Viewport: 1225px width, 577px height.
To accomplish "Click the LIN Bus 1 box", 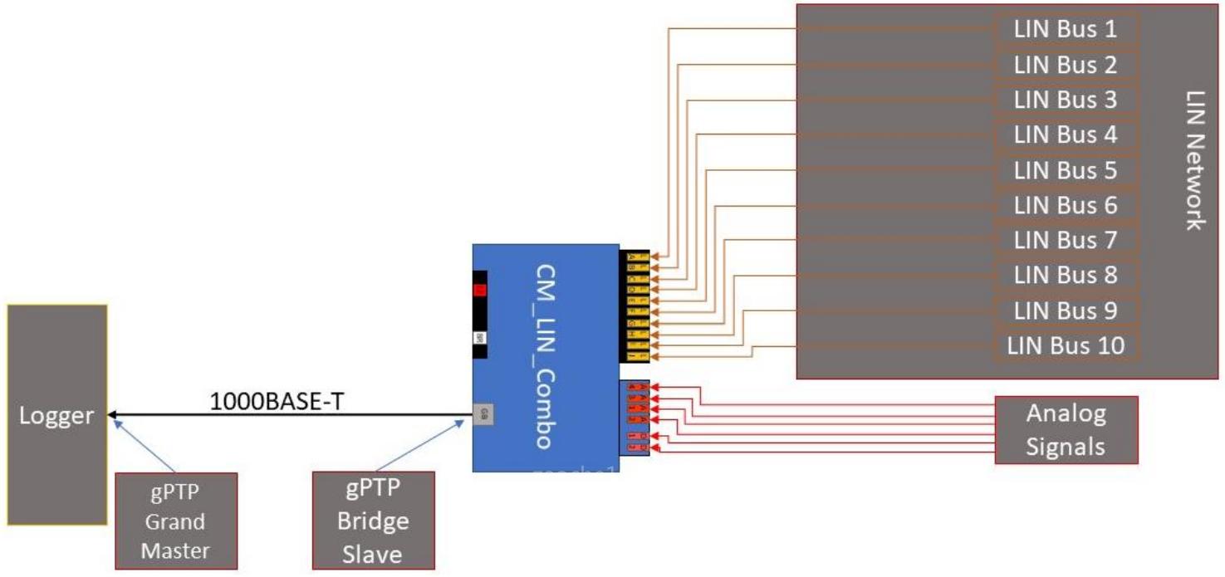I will point(1066,30).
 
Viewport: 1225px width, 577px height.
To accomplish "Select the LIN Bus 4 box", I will point(1066,134).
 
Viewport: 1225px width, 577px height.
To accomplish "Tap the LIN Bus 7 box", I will point(1066,240).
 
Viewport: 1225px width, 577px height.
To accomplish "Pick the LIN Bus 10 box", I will point(1066,345).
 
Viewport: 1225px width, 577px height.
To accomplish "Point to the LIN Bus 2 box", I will point(1066,65).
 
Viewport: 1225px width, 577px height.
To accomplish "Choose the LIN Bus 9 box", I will point(1066,310).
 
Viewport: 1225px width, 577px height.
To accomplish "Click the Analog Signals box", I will point(1066,429).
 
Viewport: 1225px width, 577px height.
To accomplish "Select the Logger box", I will point(57,415).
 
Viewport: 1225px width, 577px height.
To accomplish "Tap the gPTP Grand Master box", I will point(175,521).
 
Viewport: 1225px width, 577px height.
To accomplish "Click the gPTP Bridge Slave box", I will point(374,521).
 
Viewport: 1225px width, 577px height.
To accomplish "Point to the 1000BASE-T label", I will point(277,401).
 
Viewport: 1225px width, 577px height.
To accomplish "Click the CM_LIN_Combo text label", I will point(544,357).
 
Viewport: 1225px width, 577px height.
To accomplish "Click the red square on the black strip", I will point(479,290).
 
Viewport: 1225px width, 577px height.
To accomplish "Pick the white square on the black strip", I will point(479,338).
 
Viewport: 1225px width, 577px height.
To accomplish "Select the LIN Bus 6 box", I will point(1066,205).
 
